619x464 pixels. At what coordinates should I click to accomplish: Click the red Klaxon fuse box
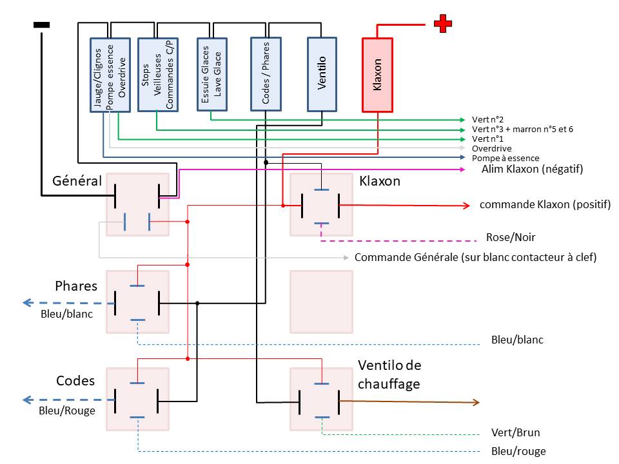pos(377,75)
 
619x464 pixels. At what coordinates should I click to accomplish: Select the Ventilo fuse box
pos(322,74)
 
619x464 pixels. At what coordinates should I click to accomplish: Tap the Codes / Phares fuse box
pos(266,73)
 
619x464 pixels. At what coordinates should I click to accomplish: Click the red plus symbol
pos(443,24)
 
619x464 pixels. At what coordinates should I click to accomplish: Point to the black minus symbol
pos(41,25)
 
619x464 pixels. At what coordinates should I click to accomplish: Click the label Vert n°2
pos(487,120)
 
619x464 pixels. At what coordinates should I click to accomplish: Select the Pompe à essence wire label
pos(506,159)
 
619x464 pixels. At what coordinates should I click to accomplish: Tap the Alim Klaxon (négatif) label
pos(532,169)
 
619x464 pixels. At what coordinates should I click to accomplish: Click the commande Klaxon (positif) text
pos(545,204)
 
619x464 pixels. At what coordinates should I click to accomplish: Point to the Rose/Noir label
pos(511,237)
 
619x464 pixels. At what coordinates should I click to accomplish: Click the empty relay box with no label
pos(321,302)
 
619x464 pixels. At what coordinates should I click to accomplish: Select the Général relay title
pos(77,180)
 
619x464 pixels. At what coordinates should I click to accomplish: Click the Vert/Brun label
pos(516,432)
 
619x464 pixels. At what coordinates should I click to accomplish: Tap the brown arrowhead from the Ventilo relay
pos(476,402)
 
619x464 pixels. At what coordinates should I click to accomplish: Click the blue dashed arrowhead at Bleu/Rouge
pos(27,400)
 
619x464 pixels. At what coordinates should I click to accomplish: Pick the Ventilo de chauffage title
pos(389,374)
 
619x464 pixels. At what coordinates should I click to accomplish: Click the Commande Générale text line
pos(475,257)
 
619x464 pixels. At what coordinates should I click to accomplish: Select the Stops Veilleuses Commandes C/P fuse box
pos(158,75)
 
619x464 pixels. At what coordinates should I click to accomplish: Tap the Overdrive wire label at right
pos(491,148)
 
